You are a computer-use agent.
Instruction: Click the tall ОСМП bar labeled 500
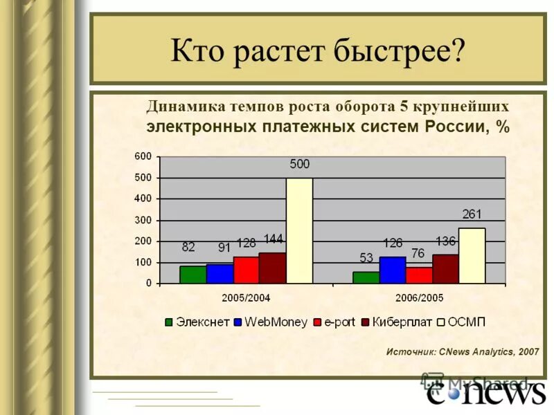coord(299,230)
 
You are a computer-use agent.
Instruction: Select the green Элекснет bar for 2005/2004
coord(193,275)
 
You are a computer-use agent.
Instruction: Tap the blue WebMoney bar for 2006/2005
coord(393,270)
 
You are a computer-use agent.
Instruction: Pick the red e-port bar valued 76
coord(419,275)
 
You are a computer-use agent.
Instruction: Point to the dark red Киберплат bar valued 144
coord(272,268)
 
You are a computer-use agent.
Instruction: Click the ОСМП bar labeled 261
coord(472,255)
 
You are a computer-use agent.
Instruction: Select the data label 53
coord(366,258)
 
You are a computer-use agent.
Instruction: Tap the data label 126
coord(393,243)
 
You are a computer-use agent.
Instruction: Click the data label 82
coord(188,246)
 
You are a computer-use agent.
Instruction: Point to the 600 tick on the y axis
coord(143,156)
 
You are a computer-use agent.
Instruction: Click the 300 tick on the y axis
coord(143,220)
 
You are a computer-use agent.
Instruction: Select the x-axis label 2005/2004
coord(246,297)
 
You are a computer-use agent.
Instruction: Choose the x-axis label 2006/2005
coord(419,297)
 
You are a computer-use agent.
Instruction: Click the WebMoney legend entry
coord(270,322)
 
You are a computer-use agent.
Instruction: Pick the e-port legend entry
coord(333,322)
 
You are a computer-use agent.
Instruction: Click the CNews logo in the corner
coord(485,393)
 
